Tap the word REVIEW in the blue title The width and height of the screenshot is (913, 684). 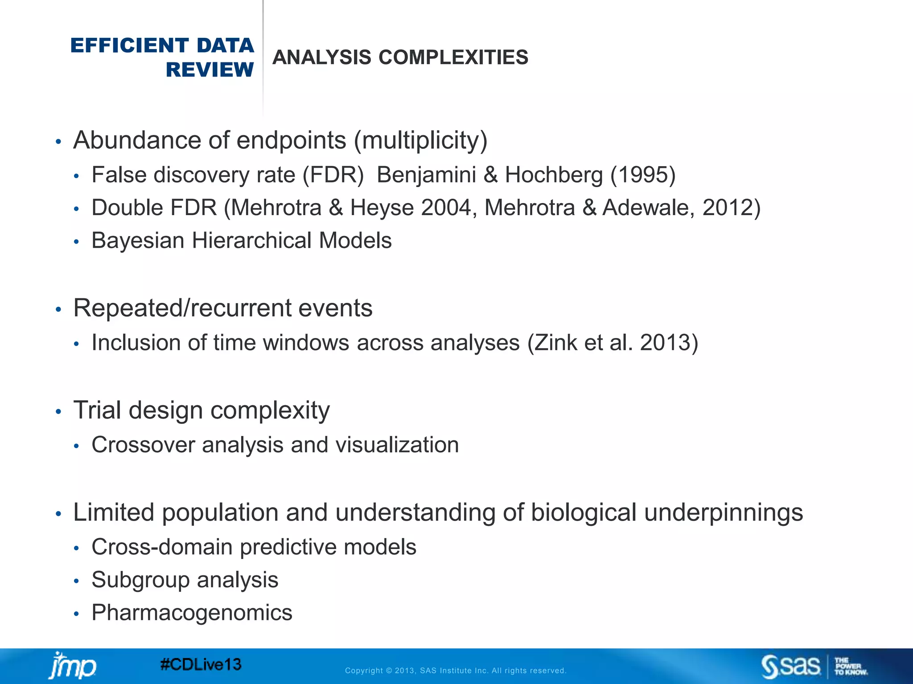click(x=210, y=70)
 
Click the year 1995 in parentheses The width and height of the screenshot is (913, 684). click(x=642, y=175)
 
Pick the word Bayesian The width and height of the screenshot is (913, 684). click(x=138, y=240)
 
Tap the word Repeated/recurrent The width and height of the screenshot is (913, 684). click(x=181, y=308)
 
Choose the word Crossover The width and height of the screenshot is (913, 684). click(x=143, y=445)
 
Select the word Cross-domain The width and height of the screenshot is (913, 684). click(x=162, y=547)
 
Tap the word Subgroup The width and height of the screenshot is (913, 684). click(x=140, y=580)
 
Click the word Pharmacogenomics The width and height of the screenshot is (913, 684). click(x=192, y=613)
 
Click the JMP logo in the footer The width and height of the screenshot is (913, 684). click(x=72, y=666)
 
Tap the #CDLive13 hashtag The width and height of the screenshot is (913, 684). click(x=201, y=665)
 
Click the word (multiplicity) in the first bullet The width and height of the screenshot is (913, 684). click(x=420, y=141)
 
